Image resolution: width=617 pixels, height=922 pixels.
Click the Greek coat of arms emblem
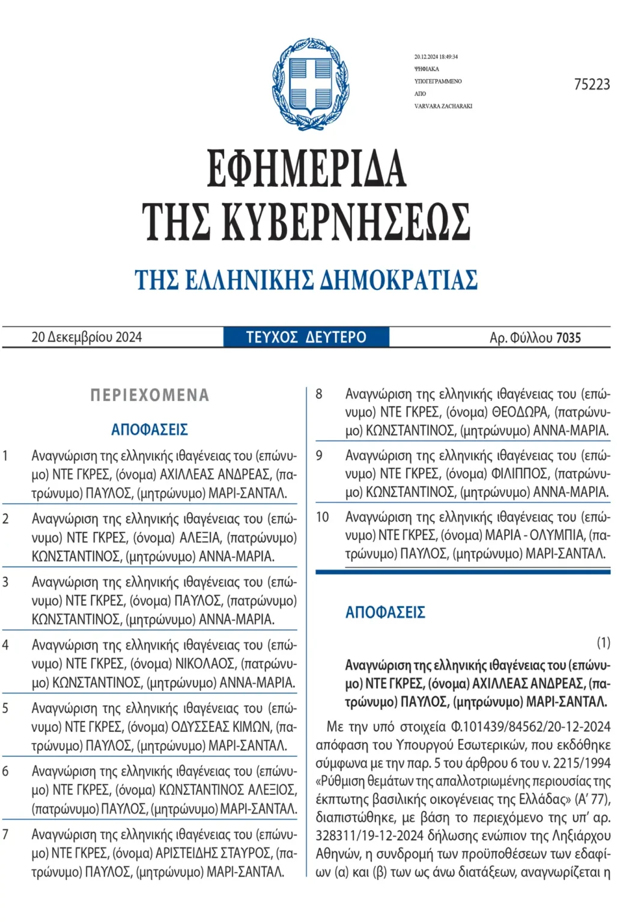(309, 84)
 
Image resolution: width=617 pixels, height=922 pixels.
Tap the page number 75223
(591, 85)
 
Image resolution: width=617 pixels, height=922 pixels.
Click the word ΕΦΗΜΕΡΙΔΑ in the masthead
(306, 169)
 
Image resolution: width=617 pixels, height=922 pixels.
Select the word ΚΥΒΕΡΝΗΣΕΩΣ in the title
(346, 221)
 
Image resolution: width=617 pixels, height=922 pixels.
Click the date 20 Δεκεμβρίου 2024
(87, 337)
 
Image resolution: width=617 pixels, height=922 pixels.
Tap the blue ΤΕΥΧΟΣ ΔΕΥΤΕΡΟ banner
(306, 337)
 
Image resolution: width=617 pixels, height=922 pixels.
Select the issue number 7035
(568, 338)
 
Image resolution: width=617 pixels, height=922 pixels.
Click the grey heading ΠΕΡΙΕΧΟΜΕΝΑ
(150, 395)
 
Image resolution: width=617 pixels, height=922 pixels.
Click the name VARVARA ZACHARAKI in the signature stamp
(443, 106)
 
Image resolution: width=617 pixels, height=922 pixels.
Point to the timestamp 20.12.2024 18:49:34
(436, 57)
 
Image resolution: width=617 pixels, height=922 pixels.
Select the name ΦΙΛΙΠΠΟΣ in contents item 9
(520, 474)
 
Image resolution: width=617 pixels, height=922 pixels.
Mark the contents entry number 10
(323, 517)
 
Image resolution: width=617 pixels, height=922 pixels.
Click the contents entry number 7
(5, 834)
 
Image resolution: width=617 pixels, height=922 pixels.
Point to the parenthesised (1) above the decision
(603, 643)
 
